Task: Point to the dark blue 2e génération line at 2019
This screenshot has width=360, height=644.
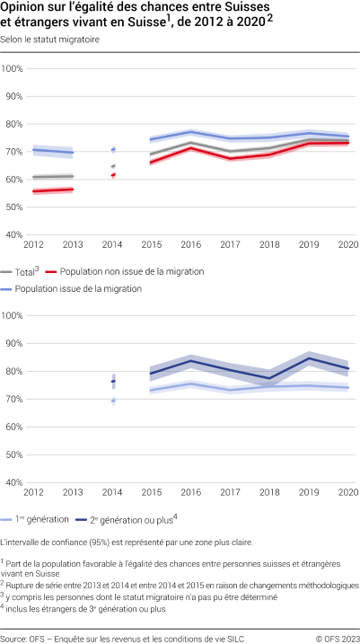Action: point(309,358)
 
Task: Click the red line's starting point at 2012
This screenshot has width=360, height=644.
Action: point(33,191)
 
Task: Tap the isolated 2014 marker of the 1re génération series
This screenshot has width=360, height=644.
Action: point(113,401)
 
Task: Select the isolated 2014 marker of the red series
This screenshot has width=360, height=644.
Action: point(113,174)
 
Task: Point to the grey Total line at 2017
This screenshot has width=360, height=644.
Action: point(230,152)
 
